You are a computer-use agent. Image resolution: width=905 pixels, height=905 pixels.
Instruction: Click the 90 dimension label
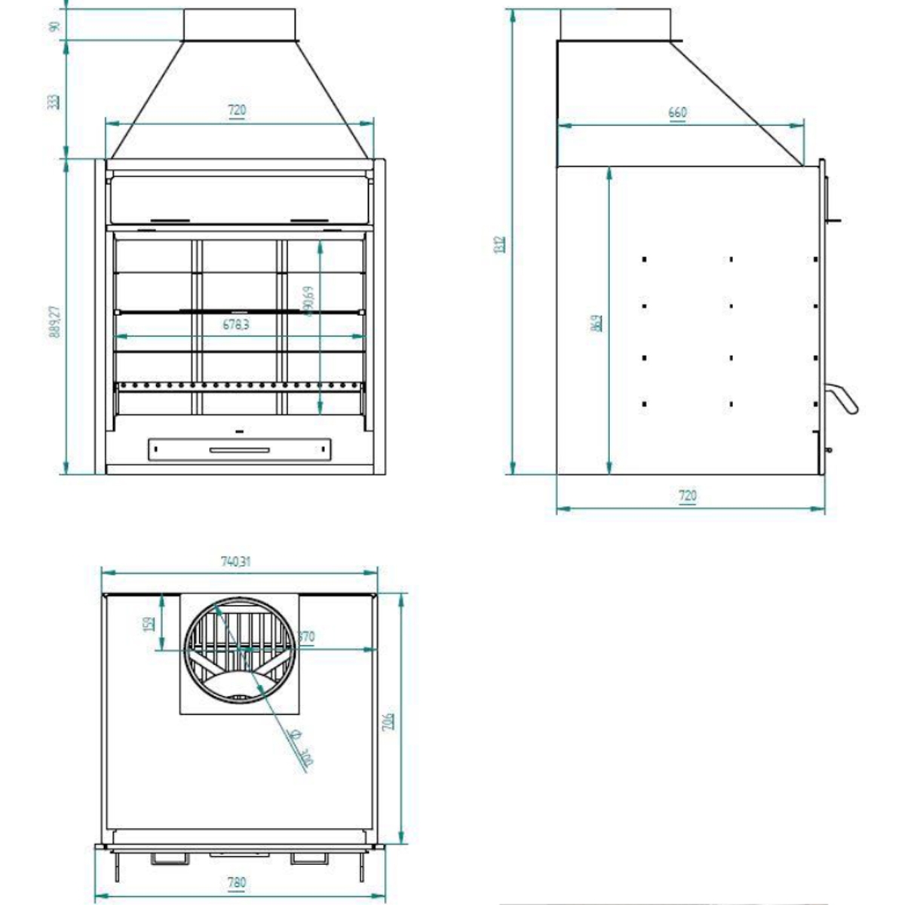coord(54,26)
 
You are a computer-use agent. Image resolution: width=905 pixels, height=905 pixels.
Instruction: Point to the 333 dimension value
coord(54,101)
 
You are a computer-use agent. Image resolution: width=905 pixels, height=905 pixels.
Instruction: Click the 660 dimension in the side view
coord(677,113)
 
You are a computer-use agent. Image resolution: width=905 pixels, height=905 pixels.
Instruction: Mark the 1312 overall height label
coord(499,246)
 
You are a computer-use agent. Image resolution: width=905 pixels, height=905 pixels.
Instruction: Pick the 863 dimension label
coord(596,323)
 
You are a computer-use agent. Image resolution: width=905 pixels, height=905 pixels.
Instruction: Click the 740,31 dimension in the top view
coord(236,562)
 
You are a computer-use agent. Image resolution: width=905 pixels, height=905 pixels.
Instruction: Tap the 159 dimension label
coord(149,623)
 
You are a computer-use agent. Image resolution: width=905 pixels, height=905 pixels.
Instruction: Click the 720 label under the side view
coord(687,496)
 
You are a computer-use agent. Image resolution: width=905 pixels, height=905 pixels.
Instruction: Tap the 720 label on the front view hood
coord(236,110)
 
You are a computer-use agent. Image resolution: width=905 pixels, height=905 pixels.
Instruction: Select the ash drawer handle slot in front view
coord(239,450)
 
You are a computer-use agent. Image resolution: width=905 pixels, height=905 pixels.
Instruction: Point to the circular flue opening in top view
coord(240,651)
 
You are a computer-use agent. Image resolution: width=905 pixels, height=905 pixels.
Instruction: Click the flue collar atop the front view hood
coord(239,24)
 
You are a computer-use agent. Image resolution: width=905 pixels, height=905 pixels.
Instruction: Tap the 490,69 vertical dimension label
coord(309,300)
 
